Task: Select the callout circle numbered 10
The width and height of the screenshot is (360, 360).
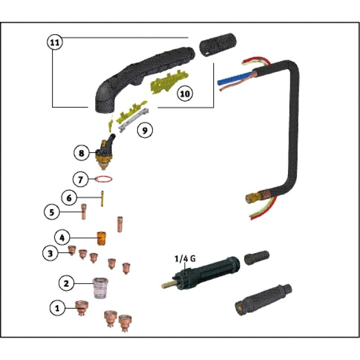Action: coord(184,94)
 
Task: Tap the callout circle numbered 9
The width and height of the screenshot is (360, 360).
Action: coord(144,130)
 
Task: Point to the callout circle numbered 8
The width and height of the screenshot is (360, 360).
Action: coord(81,153)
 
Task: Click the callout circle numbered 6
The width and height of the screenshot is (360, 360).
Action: coord(69,197)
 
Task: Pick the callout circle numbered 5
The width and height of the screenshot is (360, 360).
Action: coord(52,211)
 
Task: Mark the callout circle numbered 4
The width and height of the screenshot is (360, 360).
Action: coord(63,236)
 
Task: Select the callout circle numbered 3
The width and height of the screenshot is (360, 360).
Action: coord(51,253)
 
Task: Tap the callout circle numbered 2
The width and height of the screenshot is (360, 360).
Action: coord(66,283)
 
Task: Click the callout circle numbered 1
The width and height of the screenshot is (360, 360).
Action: coord(57,308)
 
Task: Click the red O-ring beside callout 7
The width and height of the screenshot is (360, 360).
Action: coord(103,180)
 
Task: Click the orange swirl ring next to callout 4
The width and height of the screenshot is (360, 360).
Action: coord(101,237)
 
